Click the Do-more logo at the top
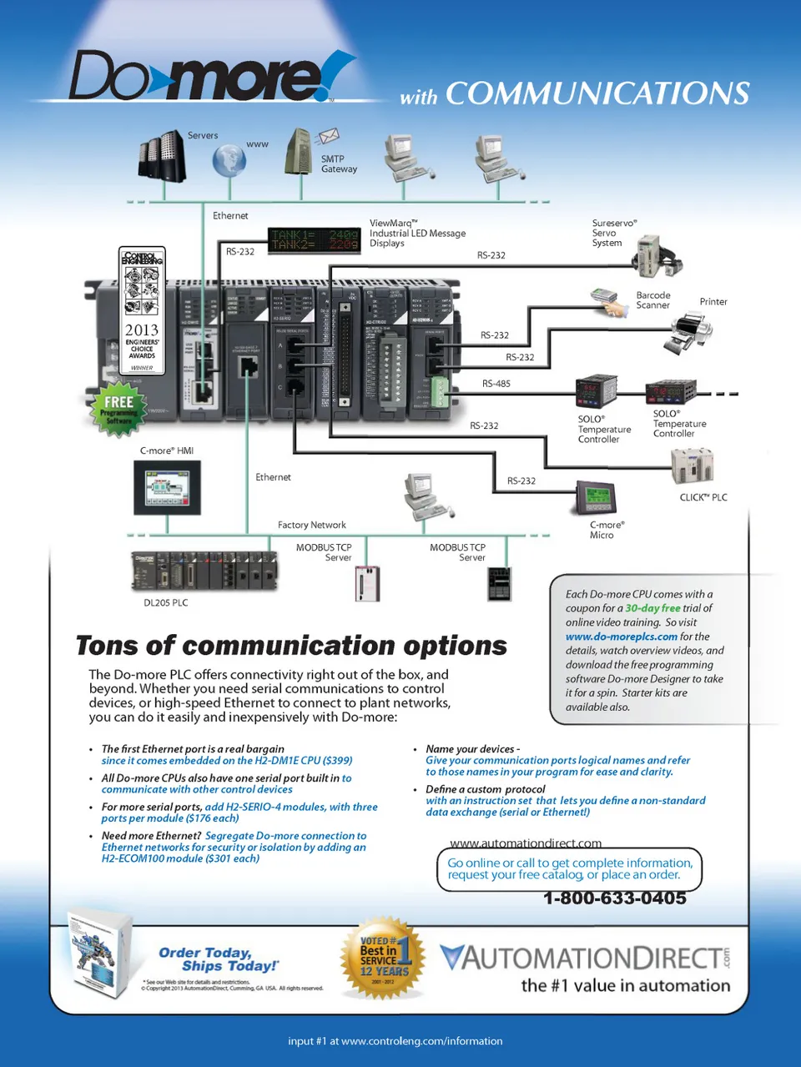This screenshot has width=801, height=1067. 209,77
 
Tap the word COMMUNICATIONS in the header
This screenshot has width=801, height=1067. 597,93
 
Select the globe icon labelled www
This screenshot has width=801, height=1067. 228,160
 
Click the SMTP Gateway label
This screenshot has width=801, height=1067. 338,164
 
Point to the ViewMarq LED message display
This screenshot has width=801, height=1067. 314,239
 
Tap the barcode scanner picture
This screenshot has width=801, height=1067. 609,301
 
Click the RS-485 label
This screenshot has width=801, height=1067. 496,384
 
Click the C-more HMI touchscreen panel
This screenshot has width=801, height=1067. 167,487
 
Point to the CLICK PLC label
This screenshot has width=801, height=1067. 703,497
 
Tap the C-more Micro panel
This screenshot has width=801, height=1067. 596,499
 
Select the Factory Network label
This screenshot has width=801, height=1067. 311,525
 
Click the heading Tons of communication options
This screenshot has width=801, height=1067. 291,646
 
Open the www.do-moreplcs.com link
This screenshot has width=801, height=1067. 621,637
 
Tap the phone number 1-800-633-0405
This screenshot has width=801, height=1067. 614,898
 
